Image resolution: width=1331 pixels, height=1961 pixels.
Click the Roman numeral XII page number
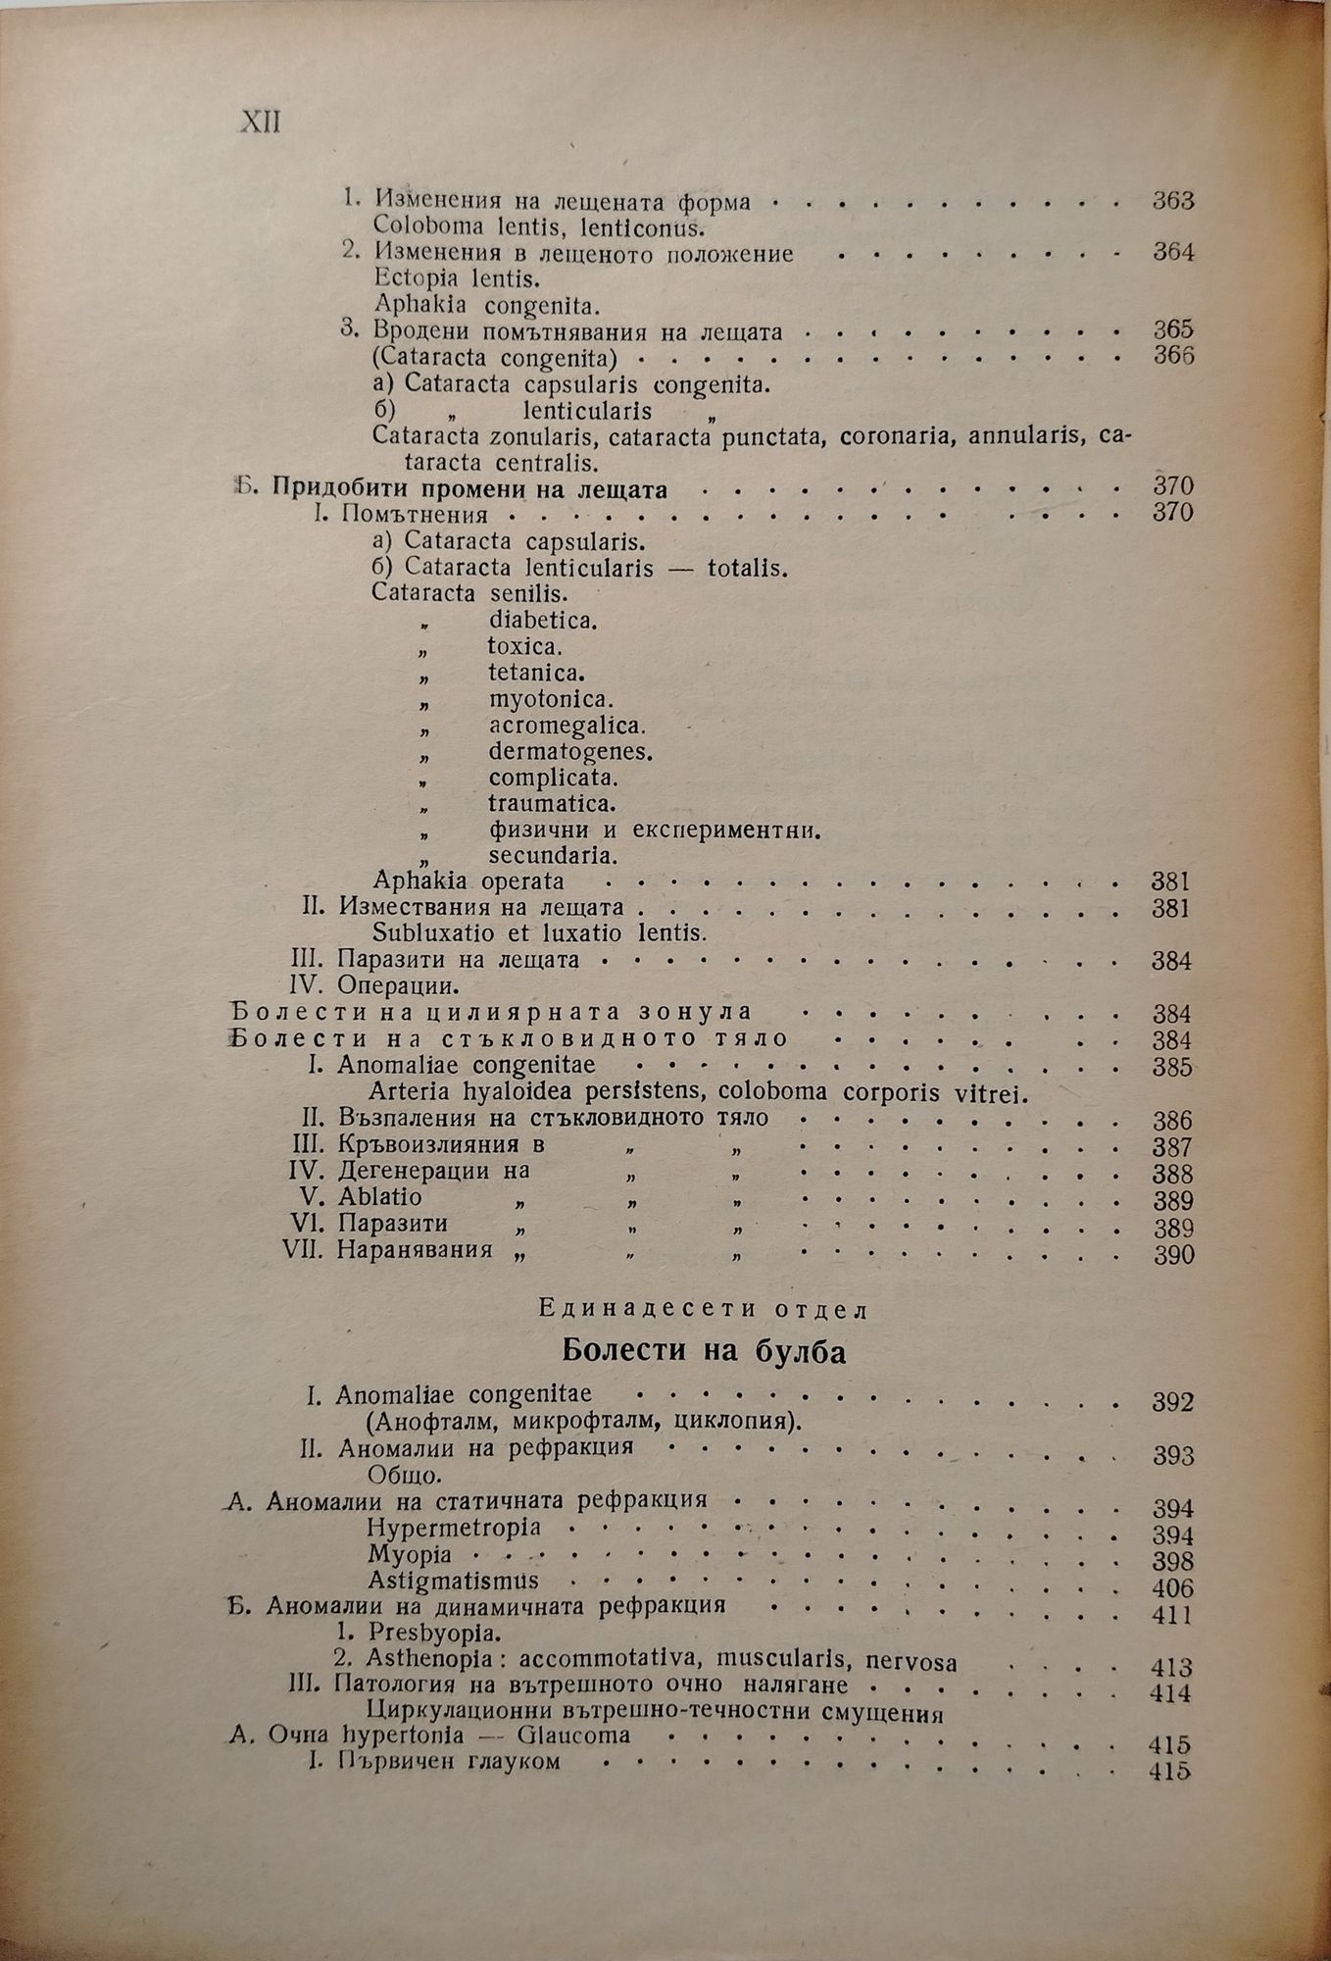[260, 123]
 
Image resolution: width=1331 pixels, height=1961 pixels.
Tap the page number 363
[1173, 201]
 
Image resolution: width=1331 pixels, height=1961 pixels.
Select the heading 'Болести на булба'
[704, 1352]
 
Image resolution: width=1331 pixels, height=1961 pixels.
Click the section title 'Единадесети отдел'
[704, 1308]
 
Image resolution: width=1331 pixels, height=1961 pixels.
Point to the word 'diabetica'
[543, 620]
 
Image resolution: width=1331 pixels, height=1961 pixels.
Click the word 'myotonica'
[550, 699]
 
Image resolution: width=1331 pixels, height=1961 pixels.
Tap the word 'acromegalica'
[567, 726]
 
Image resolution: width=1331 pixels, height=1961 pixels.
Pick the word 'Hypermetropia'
[454, 1528]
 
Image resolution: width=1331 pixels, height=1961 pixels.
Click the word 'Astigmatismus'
[454, 1581]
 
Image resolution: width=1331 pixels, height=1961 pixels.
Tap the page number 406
[1173, 1587]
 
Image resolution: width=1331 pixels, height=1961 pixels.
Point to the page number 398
[1173, 1561]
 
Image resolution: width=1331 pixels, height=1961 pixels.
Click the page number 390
[1173, 1255]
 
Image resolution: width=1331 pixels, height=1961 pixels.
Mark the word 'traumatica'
[552, 804]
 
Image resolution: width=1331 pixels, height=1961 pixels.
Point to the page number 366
[1173, 355]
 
